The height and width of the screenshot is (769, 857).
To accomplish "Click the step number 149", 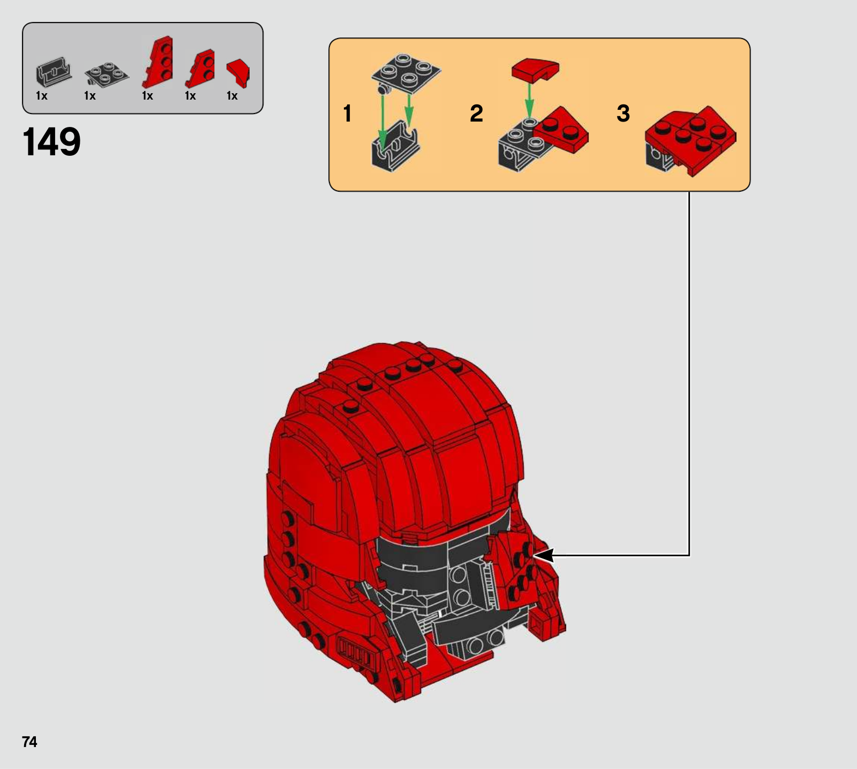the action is pos(51,142).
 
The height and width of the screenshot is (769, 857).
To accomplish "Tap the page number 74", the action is pos(29,742).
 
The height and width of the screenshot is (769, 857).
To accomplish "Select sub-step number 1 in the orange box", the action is pos(348,114).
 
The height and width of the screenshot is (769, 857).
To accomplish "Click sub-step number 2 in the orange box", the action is pos(476,114).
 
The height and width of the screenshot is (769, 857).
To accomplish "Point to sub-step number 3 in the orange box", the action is pos(623,114).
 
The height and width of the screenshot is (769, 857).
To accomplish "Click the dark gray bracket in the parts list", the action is pos(54,72).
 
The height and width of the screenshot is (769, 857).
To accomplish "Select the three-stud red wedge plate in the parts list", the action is pos(158,62).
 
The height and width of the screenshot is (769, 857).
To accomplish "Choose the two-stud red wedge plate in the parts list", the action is pos(200,69).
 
